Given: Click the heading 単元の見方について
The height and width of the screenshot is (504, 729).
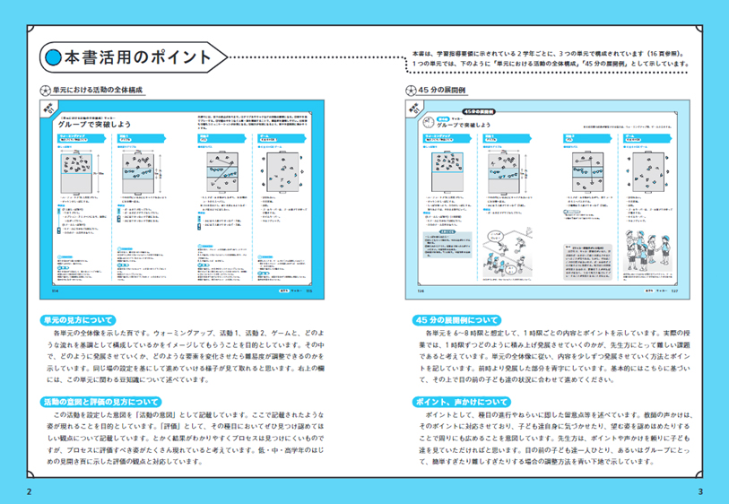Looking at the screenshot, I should [76, 319].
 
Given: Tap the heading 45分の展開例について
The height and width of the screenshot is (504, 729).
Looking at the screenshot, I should [457, 319].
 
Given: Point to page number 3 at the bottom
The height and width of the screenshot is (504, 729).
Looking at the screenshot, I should [700, 491].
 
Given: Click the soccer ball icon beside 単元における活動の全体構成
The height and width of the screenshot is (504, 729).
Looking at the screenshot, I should [46, 91].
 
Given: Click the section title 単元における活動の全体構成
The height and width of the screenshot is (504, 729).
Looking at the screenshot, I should [99, 91].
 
